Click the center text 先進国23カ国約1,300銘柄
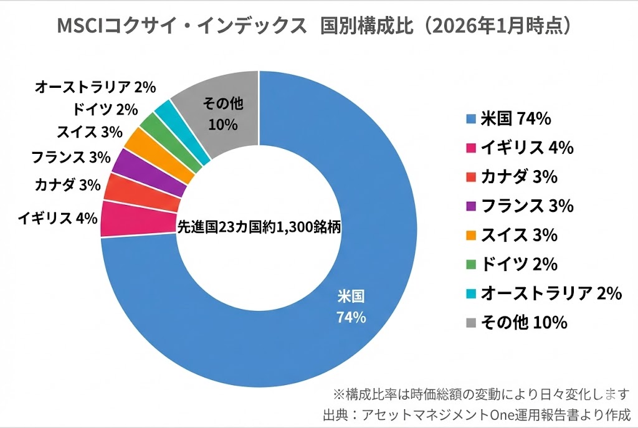[x=259, y=227]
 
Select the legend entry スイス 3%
[x=511, y=235]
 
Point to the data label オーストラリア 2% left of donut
[x=95, y=87]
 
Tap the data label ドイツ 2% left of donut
[x=105, y=110]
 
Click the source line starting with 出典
[x=477, y=414]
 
